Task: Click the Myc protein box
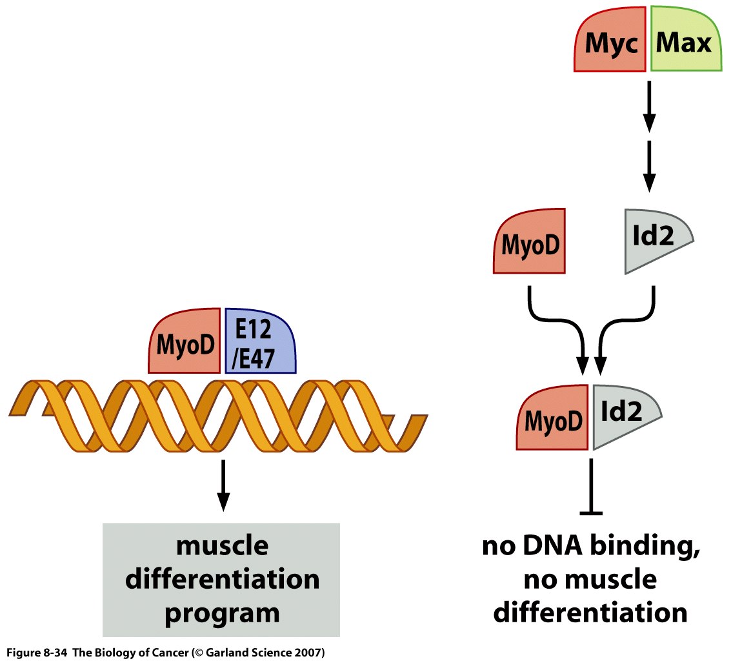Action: [x=609, y=45]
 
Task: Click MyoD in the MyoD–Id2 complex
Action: [x=553, y=419]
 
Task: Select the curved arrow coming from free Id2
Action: [x=629, y=323]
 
